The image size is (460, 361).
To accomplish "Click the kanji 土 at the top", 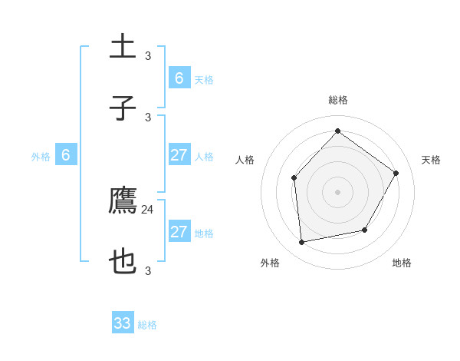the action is pyautogui.click(x=123, y=47).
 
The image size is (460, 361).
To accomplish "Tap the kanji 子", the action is pyautogui.click(x=123, y=108).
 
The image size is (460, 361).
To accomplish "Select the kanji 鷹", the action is pyautogui.click(x=123, y=201).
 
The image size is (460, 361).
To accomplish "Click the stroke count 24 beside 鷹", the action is pyautogui.click(x=148, y=209).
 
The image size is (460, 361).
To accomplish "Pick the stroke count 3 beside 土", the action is pyautogui.click(x=148, y=55).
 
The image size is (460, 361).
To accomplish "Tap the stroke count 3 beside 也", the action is pyautogui.click(x=148, y=270).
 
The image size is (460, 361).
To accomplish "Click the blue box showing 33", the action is pyautogui.click(x=123, y=323).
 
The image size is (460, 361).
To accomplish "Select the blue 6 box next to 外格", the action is pyautogui.click(x=66, y=156).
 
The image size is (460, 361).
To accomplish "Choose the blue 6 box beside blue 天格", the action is pyautogui.click(x=179, y=78).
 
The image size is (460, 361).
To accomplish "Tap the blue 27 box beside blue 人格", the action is pyautogui.click(x=179, y=155).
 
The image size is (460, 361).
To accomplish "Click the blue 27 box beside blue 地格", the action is pyautogui.click(x=179, y=232).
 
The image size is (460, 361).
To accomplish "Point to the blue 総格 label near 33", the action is pyautogui.click(x=148, y=325).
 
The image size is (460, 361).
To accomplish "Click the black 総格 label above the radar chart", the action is pyautogui.click(x=338, y=101).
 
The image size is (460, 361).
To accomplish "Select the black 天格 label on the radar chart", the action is pyautogui.click(x=432, y=160).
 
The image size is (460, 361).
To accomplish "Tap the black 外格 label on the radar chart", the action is pyautogui.click(x=270, y=263).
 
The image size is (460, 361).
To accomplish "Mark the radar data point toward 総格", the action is pyautogui.click(x=337, y=131).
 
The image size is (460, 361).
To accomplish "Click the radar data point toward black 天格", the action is pyautogui.click(x=396, y=173).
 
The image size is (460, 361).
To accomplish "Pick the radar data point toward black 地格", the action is pyautogui.click(x=365, y=230).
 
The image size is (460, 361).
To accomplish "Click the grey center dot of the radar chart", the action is pyautogui.click(x=337, y=192).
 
